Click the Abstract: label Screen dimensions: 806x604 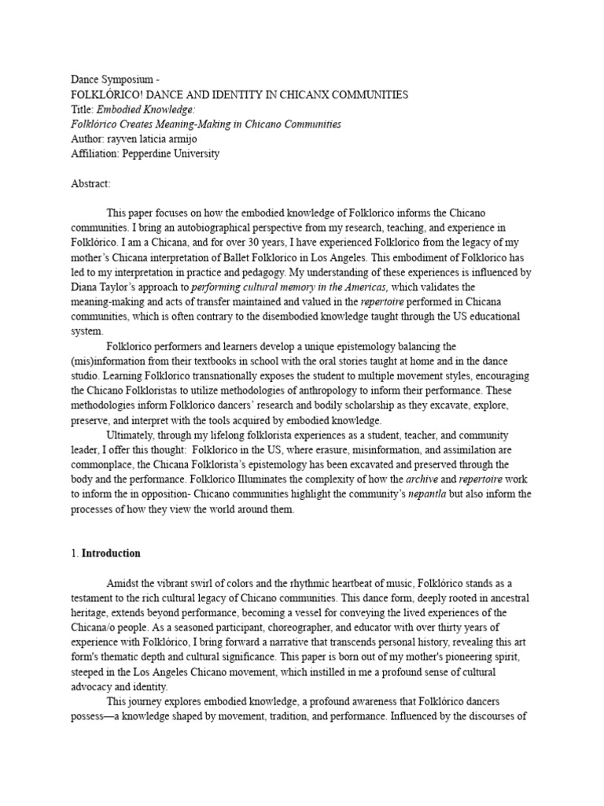pyautogui.click(x=91, y=183)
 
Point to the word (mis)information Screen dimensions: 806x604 pyautogui.click(x=110, y=361)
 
